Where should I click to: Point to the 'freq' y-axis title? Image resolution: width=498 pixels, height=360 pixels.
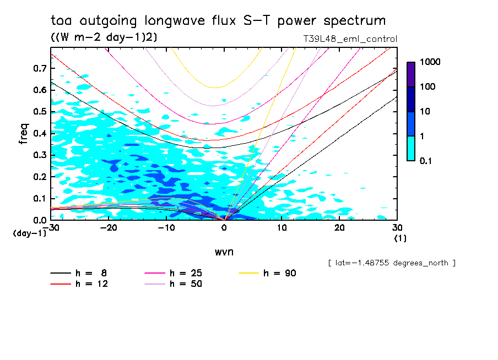click(24, 134)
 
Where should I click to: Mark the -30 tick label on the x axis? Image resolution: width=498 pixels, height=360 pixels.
click(50, 227)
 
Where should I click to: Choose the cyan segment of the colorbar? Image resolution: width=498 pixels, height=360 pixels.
click(411, 148)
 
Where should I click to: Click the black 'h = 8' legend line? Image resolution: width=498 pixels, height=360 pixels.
click(61, 273)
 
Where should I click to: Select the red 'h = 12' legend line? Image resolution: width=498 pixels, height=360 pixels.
click(61, 284)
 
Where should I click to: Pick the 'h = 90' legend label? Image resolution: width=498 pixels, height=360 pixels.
click(279, 273)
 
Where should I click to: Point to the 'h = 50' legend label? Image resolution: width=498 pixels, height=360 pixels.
click(186, 284)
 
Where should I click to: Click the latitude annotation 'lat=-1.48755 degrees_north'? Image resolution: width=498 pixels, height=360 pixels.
click(391, 263)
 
